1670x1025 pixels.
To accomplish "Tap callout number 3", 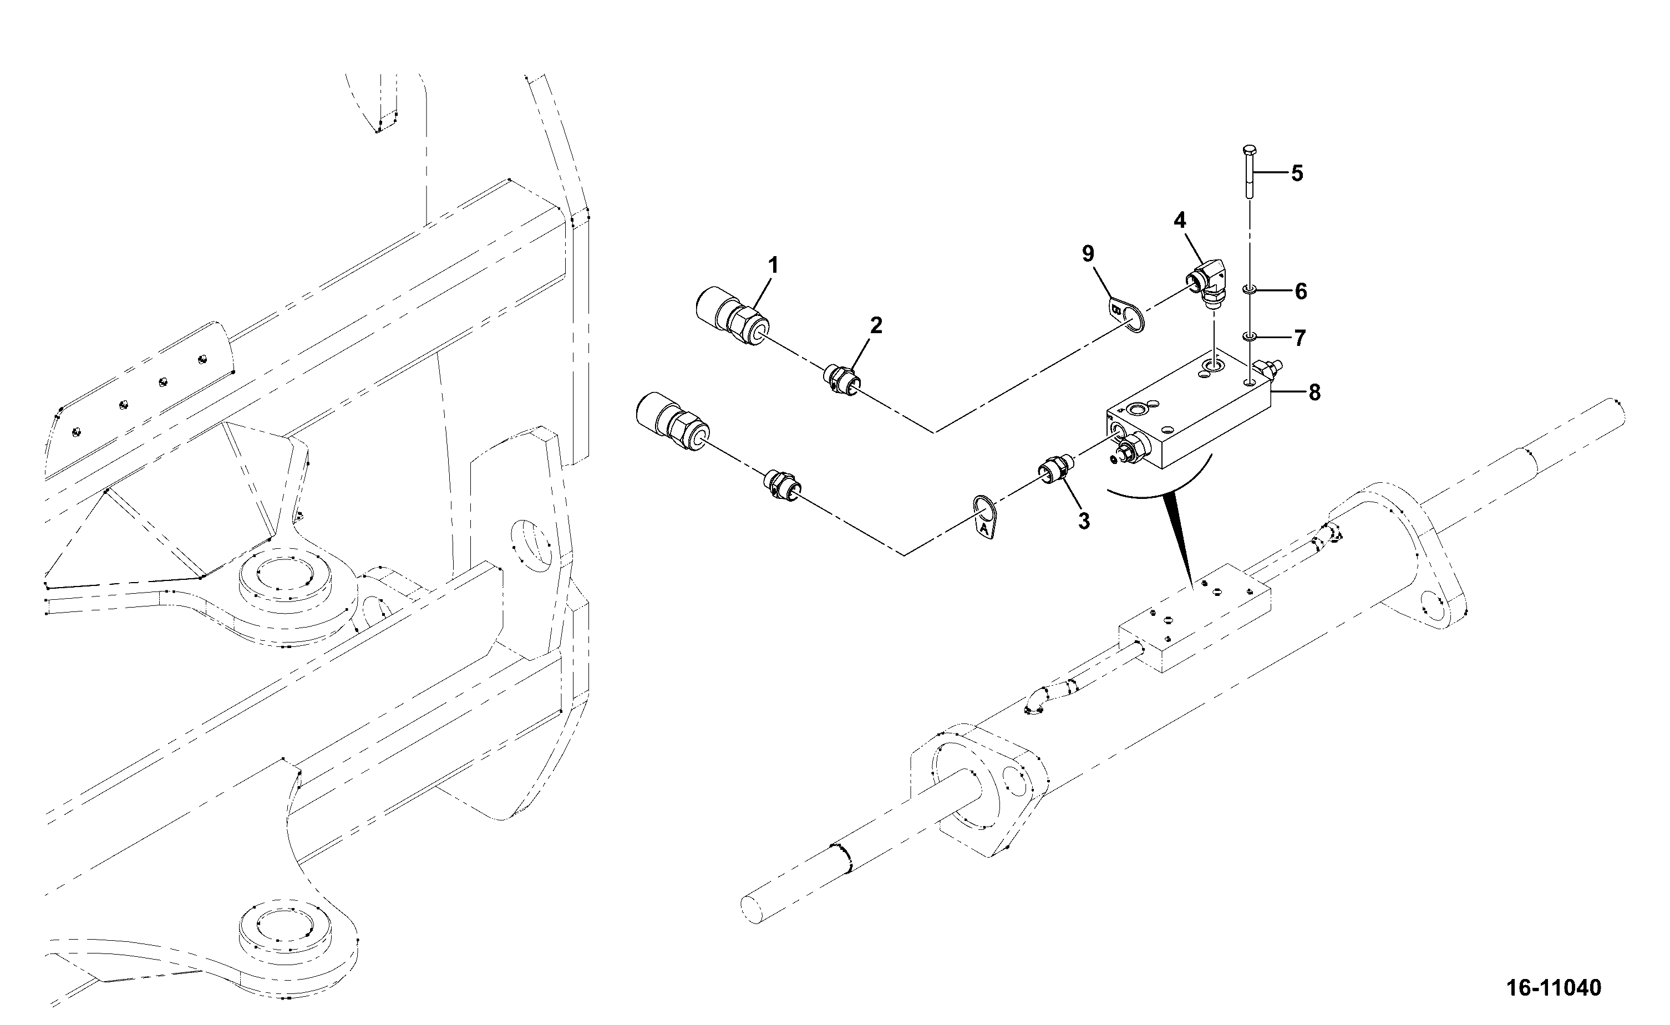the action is coord(1084,521).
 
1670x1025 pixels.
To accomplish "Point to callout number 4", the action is coord(1180,220).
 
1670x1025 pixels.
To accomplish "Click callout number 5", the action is coord(1296,174).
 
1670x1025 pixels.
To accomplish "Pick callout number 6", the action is coord(1301,292).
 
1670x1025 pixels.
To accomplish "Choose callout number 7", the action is coord(1299,338).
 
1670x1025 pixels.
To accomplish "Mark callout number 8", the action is coord(1314,392).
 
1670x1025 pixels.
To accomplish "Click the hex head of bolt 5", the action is coord(1250,150).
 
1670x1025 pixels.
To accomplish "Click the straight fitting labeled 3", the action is coord(1054,472).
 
